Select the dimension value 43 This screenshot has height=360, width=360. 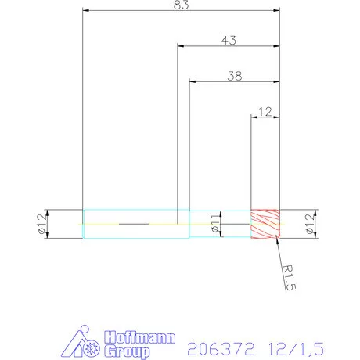tap(229, 39)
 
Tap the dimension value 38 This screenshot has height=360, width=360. tap(233, 76)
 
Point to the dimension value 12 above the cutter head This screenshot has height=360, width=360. tap(265, 111)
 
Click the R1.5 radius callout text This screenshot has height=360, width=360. tap(289, 275)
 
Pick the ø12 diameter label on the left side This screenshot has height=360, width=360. tap(38, 224)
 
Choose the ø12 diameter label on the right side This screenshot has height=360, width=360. tap(310, 224)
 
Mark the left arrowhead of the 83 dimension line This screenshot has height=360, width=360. tap(85, 11)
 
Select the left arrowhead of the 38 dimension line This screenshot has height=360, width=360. tap(193, 81)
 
